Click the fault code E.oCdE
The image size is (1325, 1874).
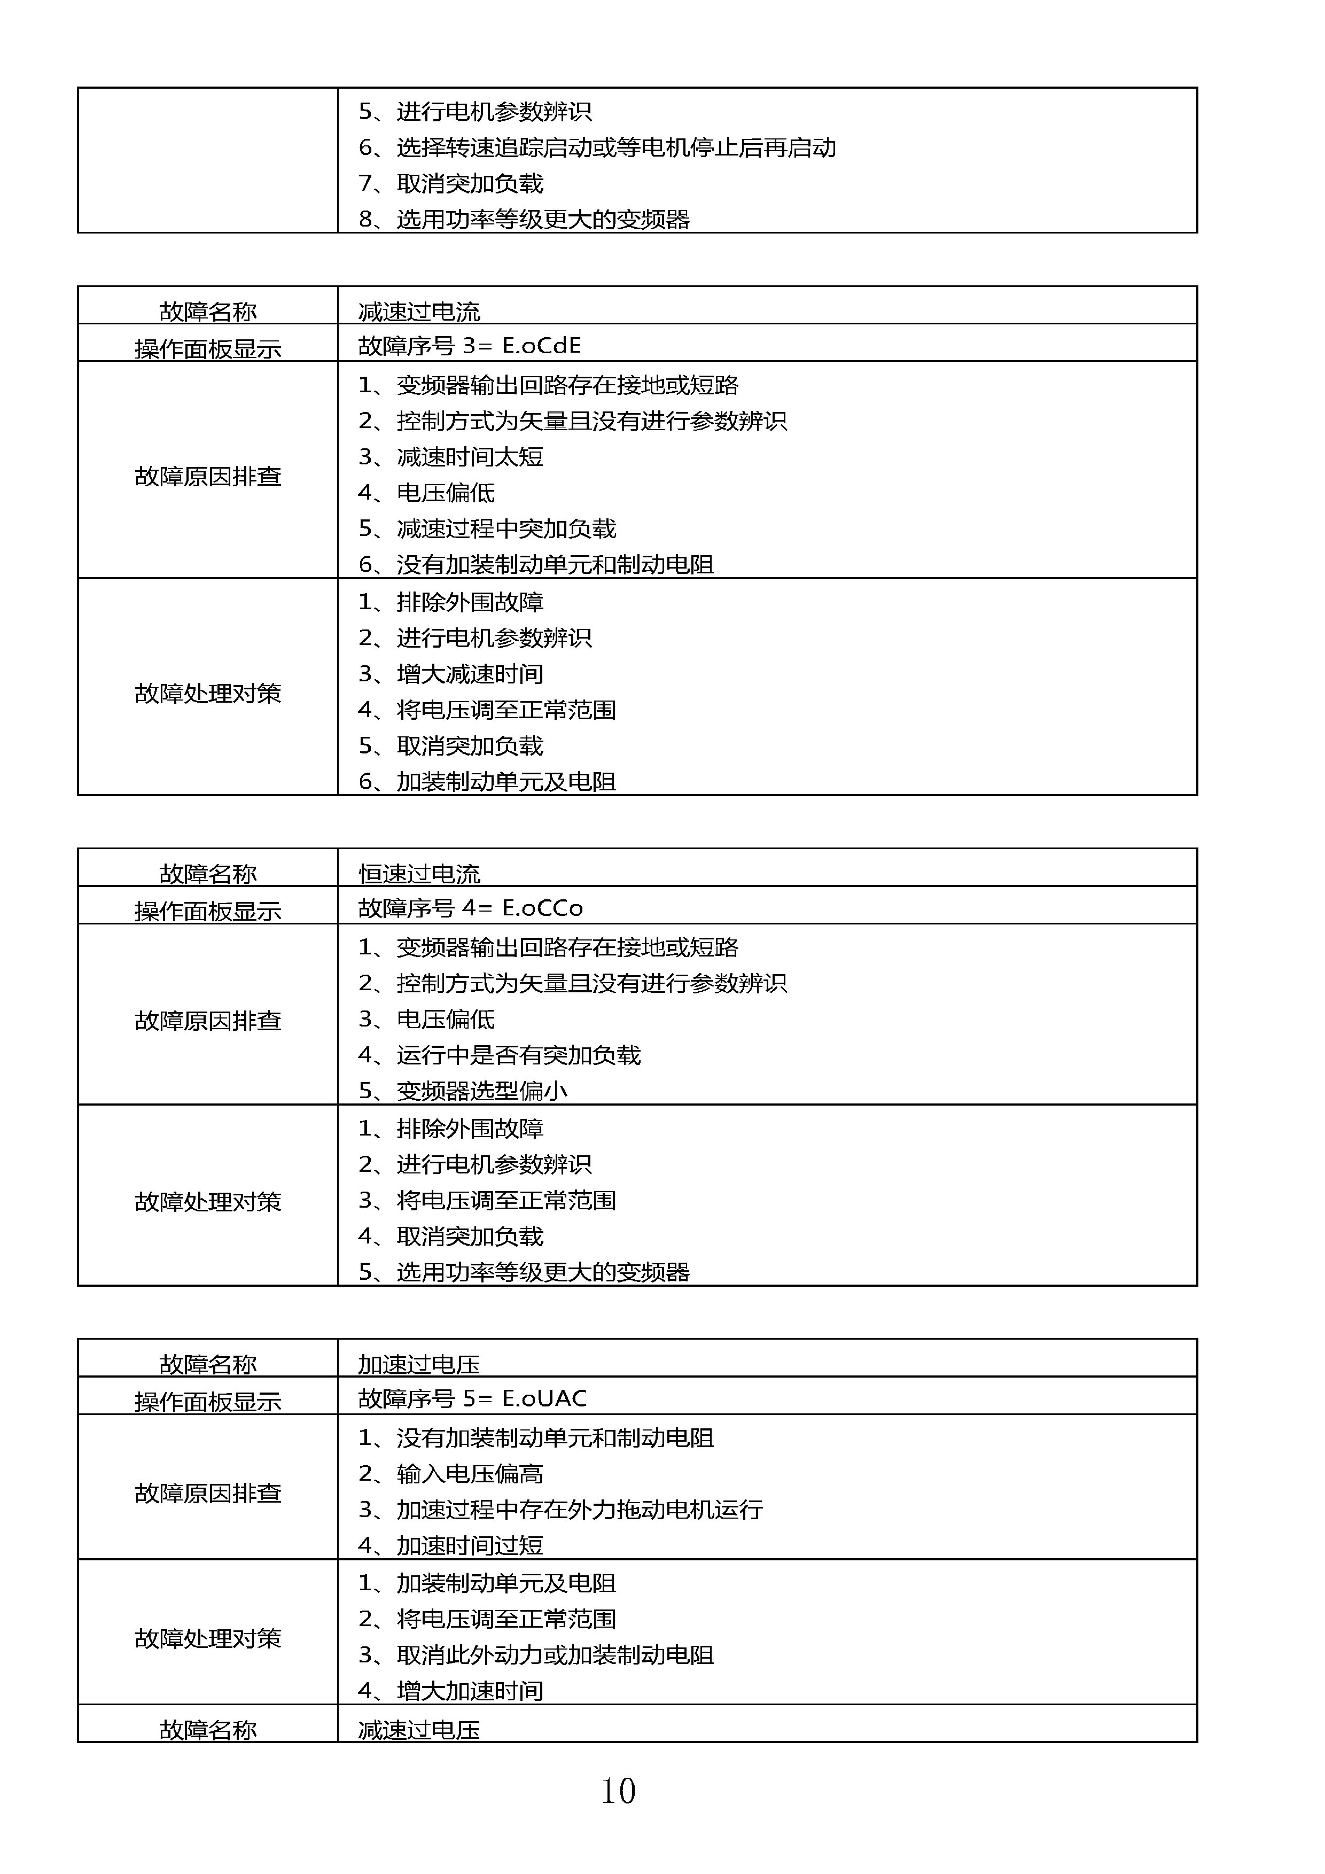tap(541, 345)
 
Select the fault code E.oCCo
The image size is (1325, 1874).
tap(542, 908)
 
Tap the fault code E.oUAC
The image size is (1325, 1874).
tap(544, 1398)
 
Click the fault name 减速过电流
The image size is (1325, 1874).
tap(419, 311)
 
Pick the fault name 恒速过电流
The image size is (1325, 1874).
tap(419, 873)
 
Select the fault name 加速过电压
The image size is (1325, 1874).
tap(419, 1364)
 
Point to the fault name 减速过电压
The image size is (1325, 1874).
tap(419, 1730)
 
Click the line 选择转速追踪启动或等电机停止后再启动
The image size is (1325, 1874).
tap(616, 147)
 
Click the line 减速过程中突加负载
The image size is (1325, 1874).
tap(506, 528)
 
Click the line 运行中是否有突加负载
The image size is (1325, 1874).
tap(518, 1054)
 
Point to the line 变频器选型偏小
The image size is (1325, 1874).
tap(481, 1091)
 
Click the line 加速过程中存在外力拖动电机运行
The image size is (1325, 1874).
tap(579, 1509)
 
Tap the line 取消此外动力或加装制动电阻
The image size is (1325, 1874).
tap(555, 1654)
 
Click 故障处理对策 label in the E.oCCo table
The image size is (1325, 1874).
tap(208, 1201)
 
